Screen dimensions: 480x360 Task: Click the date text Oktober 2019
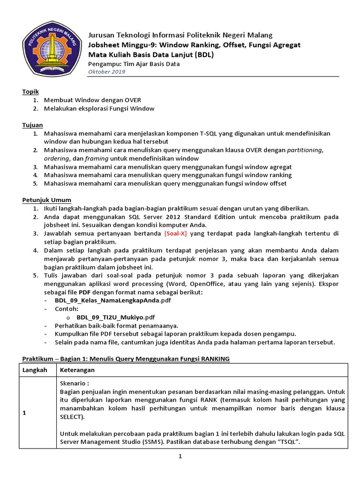(107, 72)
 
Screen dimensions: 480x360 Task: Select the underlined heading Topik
(30, 92)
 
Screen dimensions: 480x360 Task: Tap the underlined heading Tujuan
(32, 125)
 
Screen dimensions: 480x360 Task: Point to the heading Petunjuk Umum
(46, 200)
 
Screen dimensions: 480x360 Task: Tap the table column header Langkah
(36, 370)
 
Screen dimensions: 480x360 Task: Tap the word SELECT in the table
(71, 417)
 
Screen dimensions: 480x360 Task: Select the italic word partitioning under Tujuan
(305, 150)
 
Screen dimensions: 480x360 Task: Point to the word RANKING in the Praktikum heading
(215, 359)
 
